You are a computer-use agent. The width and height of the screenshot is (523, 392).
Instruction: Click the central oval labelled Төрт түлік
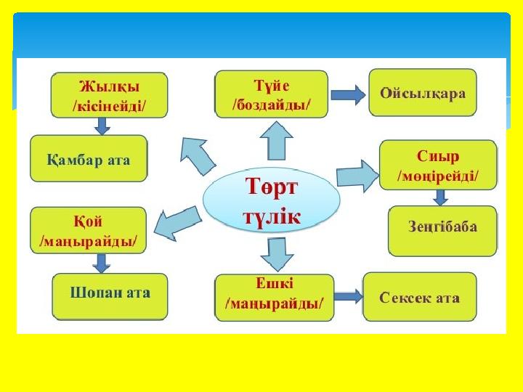(x=272, y=200)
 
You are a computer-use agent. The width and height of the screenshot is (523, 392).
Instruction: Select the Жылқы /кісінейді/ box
(x=109, y=95)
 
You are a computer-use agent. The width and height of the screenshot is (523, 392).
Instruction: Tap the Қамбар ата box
(x=89, y=158)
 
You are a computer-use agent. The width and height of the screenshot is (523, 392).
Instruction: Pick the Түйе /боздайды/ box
(x=272, y=94)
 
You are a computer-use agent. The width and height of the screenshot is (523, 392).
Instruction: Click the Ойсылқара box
(x=423, y=92)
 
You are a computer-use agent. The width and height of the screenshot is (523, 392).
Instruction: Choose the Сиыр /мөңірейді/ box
(x=438, y=165)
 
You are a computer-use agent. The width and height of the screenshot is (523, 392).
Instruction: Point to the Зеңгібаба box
(x=442, y=231)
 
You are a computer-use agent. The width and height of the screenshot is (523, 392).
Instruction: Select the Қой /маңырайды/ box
(x=89, y=230)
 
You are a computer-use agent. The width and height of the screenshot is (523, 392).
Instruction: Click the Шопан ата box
(x=110, y=297)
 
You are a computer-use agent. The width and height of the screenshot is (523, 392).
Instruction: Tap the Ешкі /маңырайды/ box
(x=275, y=298)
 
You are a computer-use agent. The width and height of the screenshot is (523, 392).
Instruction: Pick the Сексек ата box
(x=420, y=297)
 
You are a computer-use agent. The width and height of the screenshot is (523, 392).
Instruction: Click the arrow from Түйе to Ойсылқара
(x=348, y=95)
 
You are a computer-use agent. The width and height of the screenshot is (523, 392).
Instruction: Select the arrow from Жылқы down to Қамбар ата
(x=102, y=126)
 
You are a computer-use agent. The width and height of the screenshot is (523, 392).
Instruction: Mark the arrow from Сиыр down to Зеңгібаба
(x=440, y=197)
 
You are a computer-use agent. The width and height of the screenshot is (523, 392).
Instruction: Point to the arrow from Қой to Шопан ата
(x=102, y=264)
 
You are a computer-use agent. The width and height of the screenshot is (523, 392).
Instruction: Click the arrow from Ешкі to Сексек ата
(x=348, y=296)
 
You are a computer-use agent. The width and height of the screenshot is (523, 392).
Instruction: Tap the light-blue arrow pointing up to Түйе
(x=277, y=141)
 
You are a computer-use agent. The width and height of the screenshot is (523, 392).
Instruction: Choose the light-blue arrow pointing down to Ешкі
(x=277, y=254)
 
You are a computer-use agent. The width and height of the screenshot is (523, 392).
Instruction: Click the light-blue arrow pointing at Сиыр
(x=358, y=176)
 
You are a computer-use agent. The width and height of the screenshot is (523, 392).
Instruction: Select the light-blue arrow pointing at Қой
(x=177, y=224)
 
